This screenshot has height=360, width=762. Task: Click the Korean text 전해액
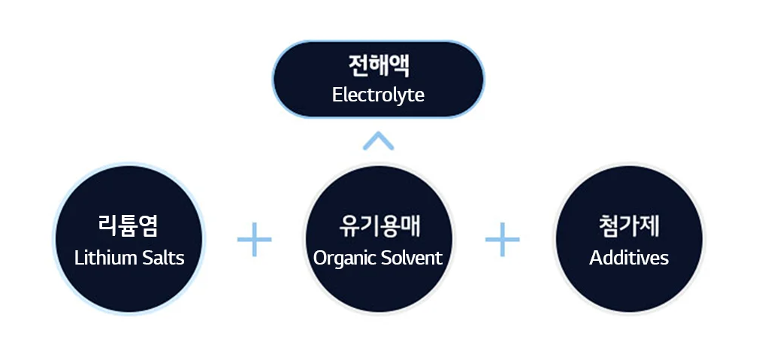tap(378, 66)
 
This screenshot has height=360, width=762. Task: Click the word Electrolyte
tap(378, 95)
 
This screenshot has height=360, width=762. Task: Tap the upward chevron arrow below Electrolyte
tap(378, 141)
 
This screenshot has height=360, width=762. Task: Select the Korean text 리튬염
tap(129, 225)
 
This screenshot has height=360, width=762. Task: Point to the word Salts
tap(160, 258)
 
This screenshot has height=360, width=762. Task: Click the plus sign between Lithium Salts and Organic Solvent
tap(254, 240)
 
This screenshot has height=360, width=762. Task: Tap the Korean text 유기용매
tap(378, 225)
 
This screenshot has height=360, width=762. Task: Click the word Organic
tap(343, 258)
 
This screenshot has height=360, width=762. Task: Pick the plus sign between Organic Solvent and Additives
tap(502, 240)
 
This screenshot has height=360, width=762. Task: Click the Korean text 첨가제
tap(629, 225)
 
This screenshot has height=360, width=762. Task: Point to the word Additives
tap(629, 258)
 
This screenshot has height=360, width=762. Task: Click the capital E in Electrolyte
tap(337, 95)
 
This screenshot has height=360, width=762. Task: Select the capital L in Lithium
tap(78, 258)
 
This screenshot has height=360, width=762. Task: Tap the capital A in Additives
tap(595, 258)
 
